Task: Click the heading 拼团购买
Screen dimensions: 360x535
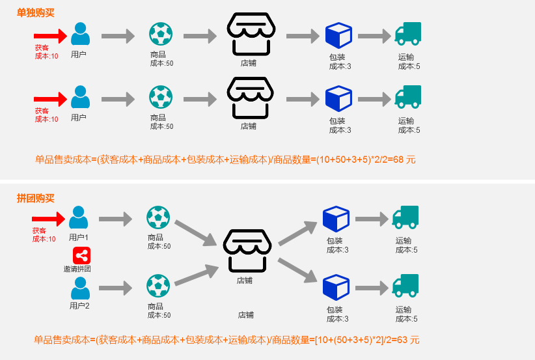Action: [x=35, y=198]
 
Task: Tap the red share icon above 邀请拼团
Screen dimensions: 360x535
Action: [x=81, y=255]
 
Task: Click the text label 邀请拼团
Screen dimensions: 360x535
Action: [x=77, y=269]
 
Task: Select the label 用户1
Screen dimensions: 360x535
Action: [x=79, y=238]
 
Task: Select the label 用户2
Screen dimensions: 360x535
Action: [x=79, y=306]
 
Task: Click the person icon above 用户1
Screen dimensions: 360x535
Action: [x=79, y=217]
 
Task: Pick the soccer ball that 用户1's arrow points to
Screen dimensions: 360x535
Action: [x=158, y=217]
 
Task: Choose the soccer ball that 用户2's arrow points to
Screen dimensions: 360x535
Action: [x=158, y=286]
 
